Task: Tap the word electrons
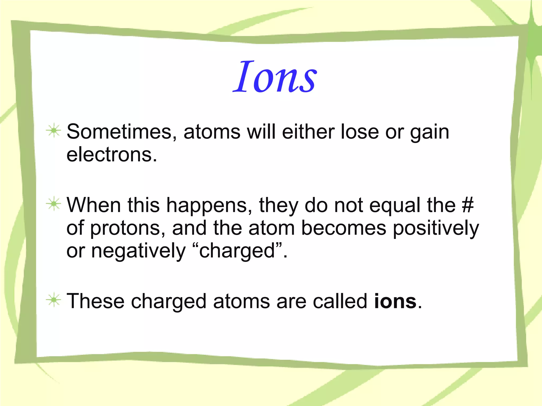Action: coord(111,155)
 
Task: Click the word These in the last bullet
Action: coord(95,301)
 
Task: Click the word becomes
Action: coord(344,228)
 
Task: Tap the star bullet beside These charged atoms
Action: coord(54,300)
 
